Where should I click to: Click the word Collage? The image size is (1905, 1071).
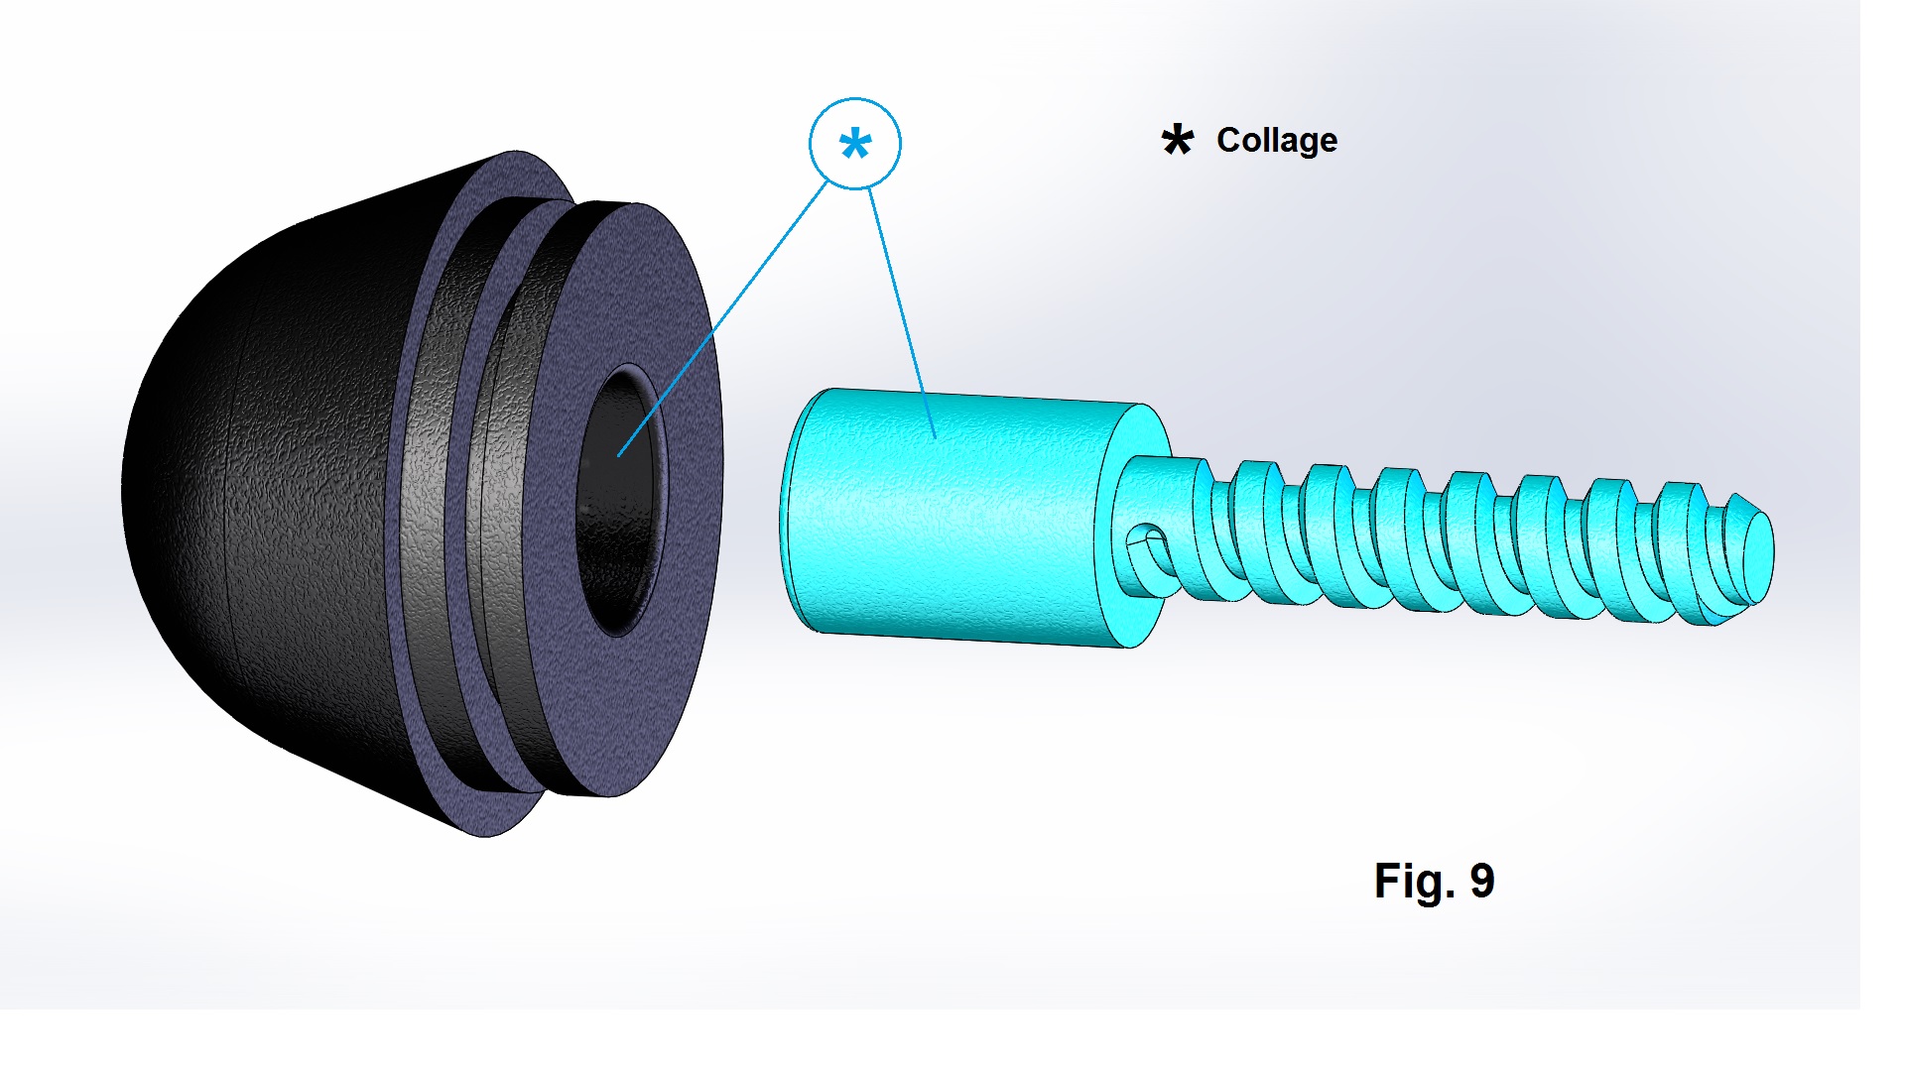[1277, 141]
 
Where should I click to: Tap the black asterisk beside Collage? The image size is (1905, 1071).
[1178, 140]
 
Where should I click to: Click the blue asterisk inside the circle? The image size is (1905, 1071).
[855, 145]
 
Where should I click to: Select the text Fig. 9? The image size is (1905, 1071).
[1434, 881]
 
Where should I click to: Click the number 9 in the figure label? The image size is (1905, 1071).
[1482, 881]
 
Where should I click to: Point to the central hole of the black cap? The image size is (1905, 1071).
[620, 501]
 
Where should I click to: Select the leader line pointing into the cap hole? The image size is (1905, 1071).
[722, 318]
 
